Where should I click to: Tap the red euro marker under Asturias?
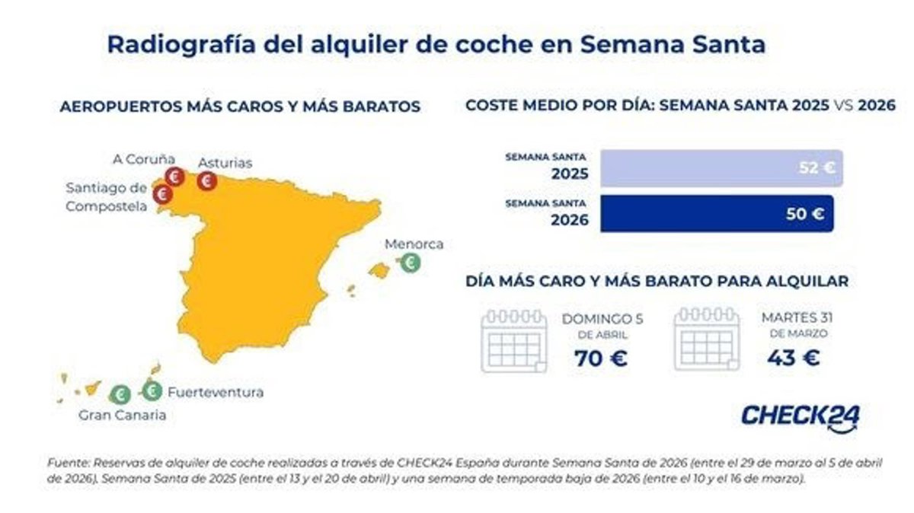tap(206, 181)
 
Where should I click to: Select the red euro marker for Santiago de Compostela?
tap(162, 195)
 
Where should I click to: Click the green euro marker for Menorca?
tap(411, 263)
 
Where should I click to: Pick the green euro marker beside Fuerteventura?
tap(152, 391)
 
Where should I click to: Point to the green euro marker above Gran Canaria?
tap(120, 394)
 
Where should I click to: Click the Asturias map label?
tap(225, 163)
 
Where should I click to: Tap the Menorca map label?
tap(414, 244)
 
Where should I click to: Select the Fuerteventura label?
tap(216, 393)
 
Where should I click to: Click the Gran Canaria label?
tap(122, 416)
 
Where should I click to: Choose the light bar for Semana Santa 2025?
tap(721, 168)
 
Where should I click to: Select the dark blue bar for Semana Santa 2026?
tap(716, 214)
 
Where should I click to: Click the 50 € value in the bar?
tap(806, 215)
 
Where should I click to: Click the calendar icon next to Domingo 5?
tap(514, 340)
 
